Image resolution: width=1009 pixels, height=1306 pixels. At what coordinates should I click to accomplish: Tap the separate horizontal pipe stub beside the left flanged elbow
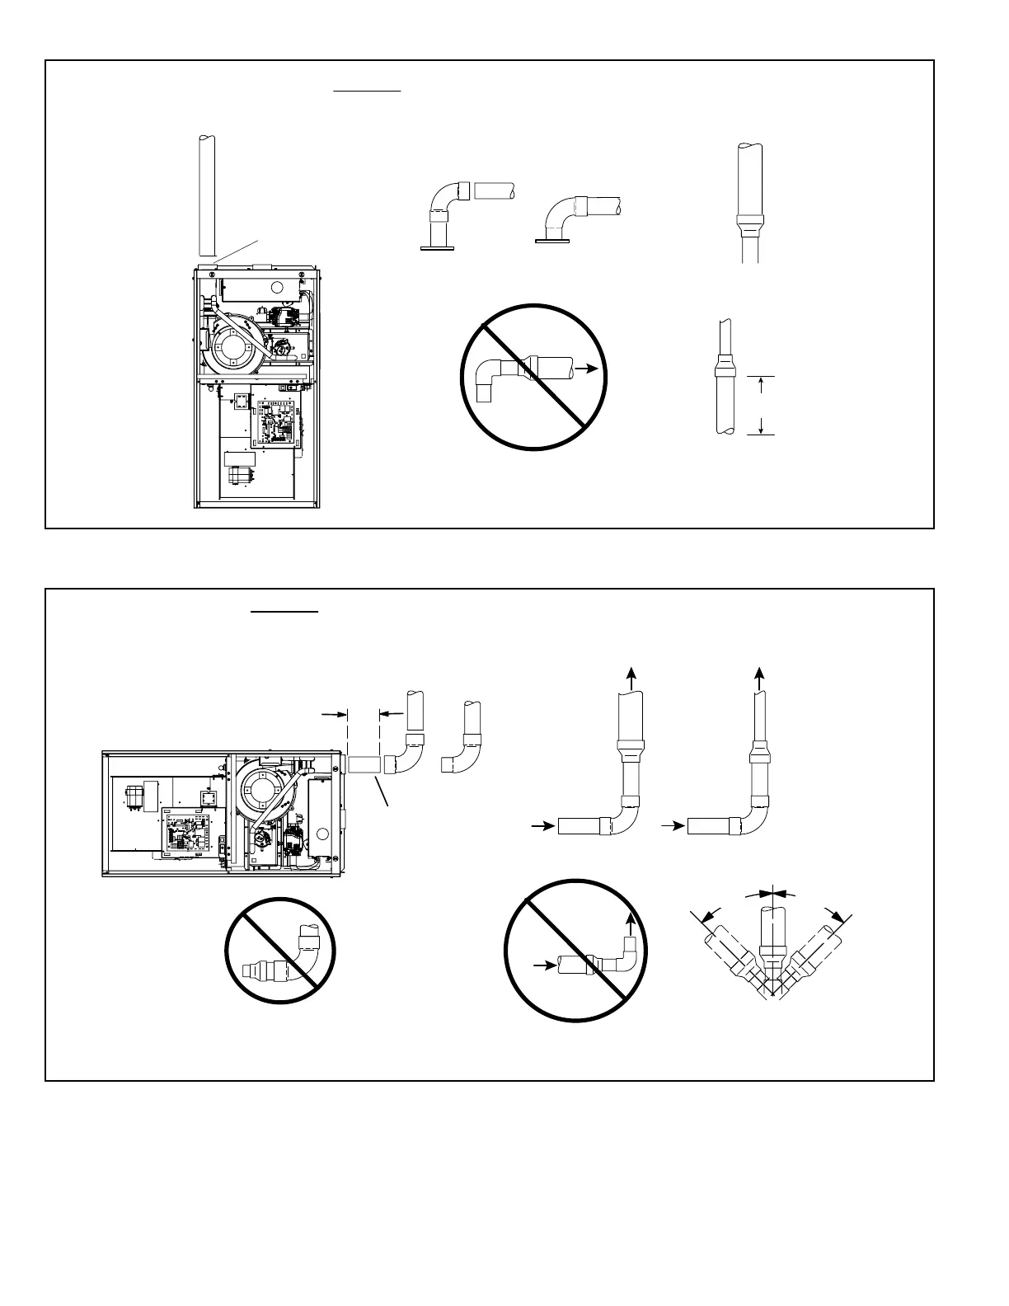coord(495,190)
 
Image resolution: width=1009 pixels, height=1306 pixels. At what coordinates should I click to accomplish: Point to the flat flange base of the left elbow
coord(438,246)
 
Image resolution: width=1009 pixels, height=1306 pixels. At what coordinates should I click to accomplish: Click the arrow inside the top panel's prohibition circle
coord(585,371)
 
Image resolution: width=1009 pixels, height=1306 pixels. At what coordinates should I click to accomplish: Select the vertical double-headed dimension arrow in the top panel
coord(761,404)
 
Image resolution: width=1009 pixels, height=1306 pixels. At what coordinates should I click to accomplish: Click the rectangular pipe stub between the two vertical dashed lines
coord(364,764)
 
